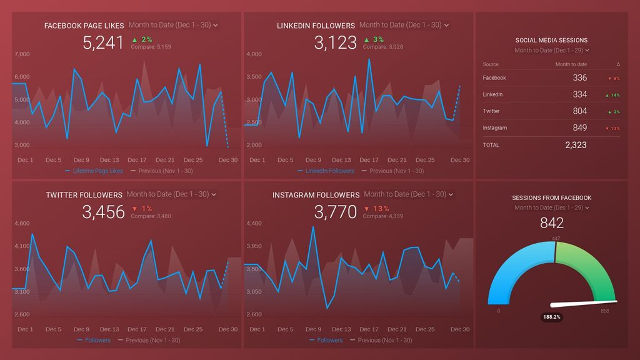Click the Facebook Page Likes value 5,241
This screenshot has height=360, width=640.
[x=103, y=42]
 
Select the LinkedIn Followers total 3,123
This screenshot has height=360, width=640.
[x=336, y=42]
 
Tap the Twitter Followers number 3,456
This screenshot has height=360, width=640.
[x=103, y=212]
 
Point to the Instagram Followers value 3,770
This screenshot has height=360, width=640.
[x=336, y=212]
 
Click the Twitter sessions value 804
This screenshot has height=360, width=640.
[x=579, y=111]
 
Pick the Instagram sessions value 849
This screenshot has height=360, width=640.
[x=579, y=127]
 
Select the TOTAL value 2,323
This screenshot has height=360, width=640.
[x=576, y=145]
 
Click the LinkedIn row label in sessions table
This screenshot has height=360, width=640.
[x=492, y=94]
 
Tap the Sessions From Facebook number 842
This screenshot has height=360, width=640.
[x=551, y=223]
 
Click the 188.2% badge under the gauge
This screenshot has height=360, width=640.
[x=551, y=317]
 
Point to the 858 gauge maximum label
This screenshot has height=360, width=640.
[x=604, y=311]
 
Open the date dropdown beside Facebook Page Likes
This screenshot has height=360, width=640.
[x=173, y=25]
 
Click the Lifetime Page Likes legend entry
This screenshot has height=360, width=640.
[x=97, y=171]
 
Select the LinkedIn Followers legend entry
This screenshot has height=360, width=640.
[x=329, y=171]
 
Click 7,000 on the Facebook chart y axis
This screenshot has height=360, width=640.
[x=22, y=54]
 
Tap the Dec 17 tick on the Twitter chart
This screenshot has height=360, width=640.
[x=137, y=329]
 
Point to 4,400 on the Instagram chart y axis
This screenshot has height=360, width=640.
[x=254, y=223]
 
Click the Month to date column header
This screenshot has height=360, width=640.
[x=571, y=64]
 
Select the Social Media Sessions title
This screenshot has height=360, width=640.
[x=551, y=40]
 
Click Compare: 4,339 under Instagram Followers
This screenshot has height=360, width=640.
[x=382, y=216]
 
